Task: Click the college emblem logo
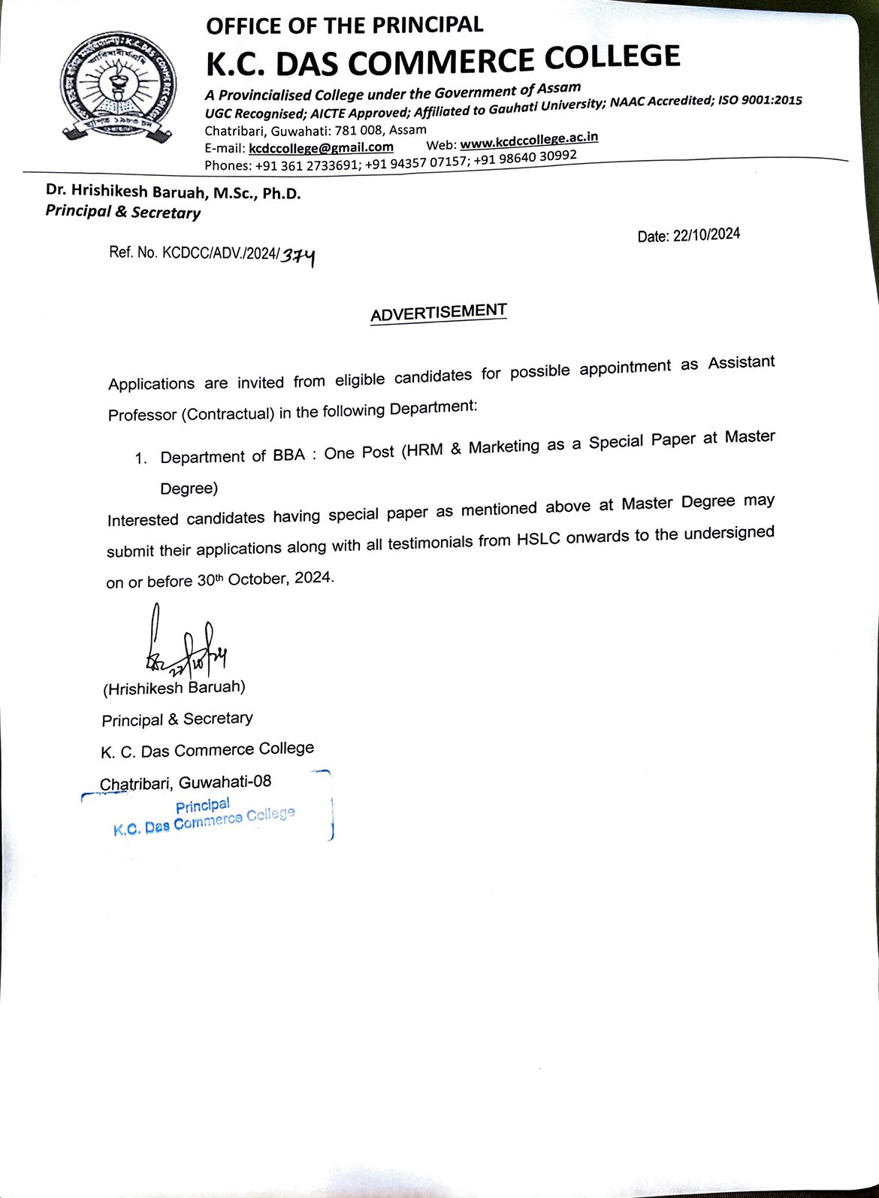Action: click(118, 87)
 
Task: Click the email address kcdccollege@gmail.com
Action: click(321, 147)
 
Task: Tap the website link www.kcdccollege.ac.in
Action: click(529, 141)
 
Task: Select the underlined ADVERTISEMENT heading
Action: click(439, 313)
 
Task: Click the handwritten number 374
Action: click(298, 257)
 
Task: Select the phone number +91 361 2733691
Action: click(308, 165)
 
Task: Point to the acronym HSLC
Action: click(538, 540)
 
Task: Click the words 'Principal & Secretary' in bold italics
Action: click(123, 212)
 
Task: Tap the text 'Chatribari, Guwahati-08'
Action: click(186, 782)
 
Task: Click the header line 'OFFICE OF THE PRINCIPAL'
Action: click(344, 26)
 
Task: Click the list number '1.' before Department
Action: click(141, 458)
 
